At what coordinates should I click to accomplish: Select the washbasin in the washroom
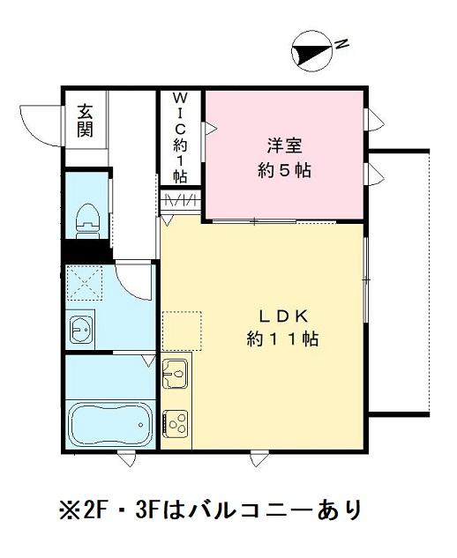click(79, 330)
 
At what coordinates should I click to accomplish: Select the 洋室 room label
click(283, 143)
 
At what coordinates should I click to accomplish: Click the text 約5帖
click(283, 169)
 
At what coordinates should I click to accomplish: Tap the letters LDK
click(283, 316)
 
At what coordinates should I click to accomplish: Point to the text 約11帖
click(283, 339)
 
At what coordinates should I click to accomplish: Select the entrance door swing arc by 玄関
click(40, 123)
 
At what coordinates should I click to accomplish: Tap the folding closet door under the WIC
click(180, 201)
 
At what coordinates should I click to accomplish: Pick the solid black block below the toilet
click(86, 252)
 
